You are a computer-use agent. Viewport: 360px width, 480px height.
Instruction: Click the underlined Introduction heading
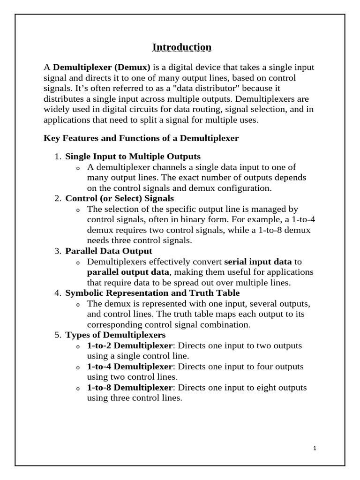click(x=182, y=47)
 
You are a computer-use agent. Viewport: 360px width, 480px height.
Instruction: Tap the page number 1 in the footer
click(x=315, y=449)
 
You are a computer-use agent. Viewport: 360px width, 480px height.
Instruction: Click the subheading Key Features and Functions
click(x=141, y=138)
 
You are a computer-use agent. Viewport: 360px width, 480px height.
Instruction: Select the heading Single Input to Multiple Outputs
click(x=133, y=156)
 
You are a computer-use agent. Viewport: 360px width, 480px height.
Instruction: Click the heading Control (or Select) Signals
click(x=120, y=198)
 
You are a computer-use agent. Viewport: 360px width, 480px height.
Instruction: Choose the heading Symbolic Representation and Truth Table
click(x=152, y=293)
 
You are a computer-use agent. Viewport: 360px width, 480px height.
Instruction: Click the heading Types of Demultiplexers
click(x=115, y=335)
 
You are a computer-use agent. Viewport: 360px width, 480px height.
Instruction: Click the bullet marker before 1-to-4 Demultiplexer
click(x=78, y=368)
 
